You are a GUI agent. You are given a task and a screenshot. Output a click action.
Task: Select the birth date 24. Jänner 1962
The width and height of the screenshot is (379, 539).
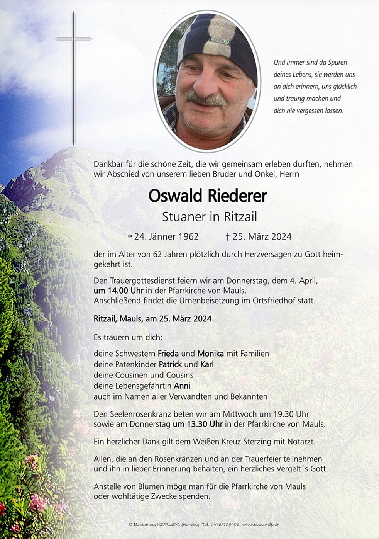166,236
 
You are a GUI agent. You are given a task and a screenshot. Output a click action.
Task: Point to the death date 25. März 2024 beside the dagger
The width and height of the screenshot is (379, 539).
262,236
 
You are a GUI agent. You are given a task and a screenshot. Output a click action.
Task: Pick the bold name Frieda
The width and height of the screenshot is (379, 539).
168,353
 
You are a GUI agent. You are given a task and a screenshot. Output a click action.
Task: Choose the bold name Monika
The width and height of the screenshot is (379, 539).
211,353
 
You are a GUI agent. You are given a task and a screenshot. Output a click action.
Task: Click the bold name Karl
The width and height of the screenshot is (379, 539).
207,364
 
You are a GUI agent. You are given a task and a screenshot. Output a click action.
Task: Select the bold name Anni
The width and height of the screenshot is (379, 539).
182,386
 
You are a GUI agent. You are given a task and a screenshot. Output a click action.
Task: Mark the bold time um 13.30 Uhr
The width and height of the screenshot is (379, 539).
198,424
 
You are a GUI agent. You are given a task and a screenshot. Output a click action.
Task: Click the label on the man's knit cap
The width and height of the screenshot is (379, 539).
219,40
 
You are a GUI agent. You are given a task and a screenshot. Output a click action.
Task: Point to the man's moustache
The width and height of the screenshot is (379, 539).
205,100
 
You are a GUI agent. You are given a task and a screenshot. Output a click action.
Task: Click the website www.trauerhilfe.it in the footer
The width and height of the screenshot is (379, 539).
261,525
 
